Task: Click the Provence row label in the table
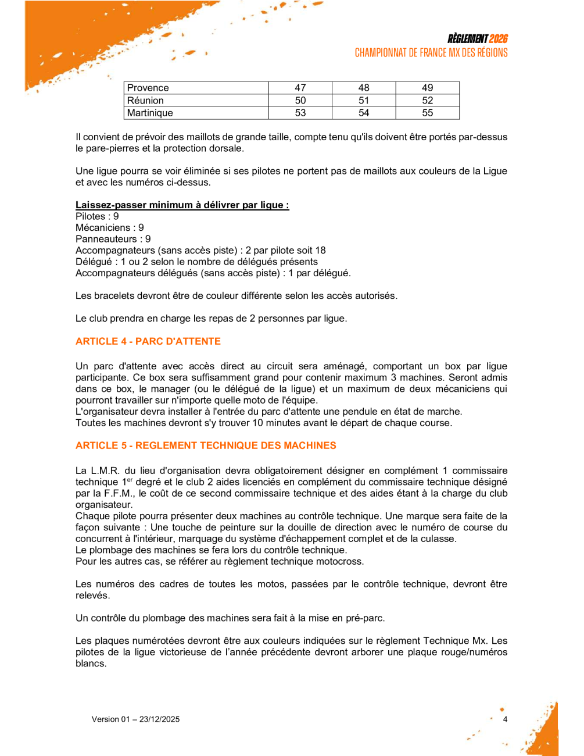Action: coord(148,88)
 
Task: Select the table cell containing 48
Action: coord(364,88)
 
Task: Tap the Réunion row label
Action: coord(145,101)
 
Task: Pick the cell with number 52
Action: coord(427,101)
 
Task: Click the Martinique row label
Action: coord(150,113)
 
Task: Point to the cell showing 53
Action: coord(300,113)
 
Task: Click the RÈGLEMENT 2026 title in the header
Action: coord(477,39)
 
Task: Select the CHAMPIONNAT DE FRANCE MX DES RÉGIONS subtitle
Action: coord(431,53)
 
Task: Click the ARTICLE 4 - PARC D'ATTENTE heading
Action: coord(148,341)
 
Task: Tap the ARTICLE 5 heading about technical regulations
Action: coord(206,445)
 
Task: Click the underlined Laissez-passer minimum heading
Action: coord(182,205)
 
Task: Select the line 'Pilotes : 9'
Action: coord(97,216)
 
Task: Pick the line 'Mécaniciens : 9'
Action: coord(110,228)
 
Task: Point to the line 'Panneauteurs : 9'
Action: coord(113,239)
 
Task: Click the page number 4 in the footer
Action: coord(505,719)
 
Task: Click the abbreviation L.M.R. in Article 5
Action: coord(105,471)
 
